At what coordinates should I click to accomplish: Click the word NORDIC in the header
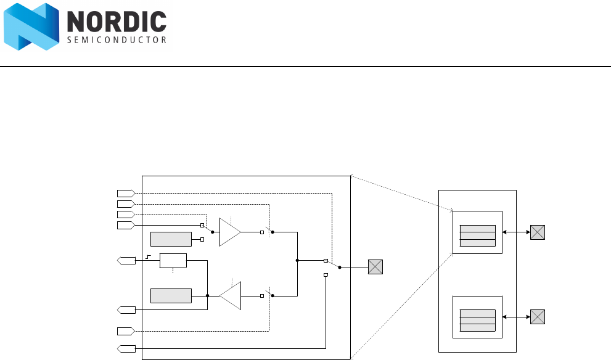(116, 23)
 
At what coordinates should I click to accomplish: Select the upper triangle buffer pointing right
(229, 232)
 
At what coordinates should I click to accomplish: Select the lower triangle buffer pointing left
(231, 296)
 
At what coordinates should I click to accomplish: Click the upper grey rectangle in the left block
(171, 239)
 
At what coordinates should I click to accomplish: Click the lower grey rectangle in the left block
(171, 295)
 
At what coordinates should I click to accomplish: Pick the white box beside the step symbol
(173, 261)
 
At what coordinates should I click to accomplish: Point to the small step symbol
(149, 256)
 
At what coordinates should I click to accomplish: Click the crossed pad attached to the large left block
(375, 268)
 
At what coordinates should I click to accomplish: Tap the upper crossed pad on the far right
(538, 232)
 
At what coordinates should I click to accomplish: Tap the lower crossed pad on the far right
(538, 317)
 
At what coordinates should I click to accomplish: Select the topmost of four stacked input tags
(125, 193)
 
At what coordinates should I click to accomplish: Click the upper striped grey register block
(478, 235)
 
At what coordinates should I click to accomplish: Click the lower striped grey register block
(478, 320)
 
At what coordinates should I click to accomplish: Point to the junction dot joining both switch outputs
(297, 261)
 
